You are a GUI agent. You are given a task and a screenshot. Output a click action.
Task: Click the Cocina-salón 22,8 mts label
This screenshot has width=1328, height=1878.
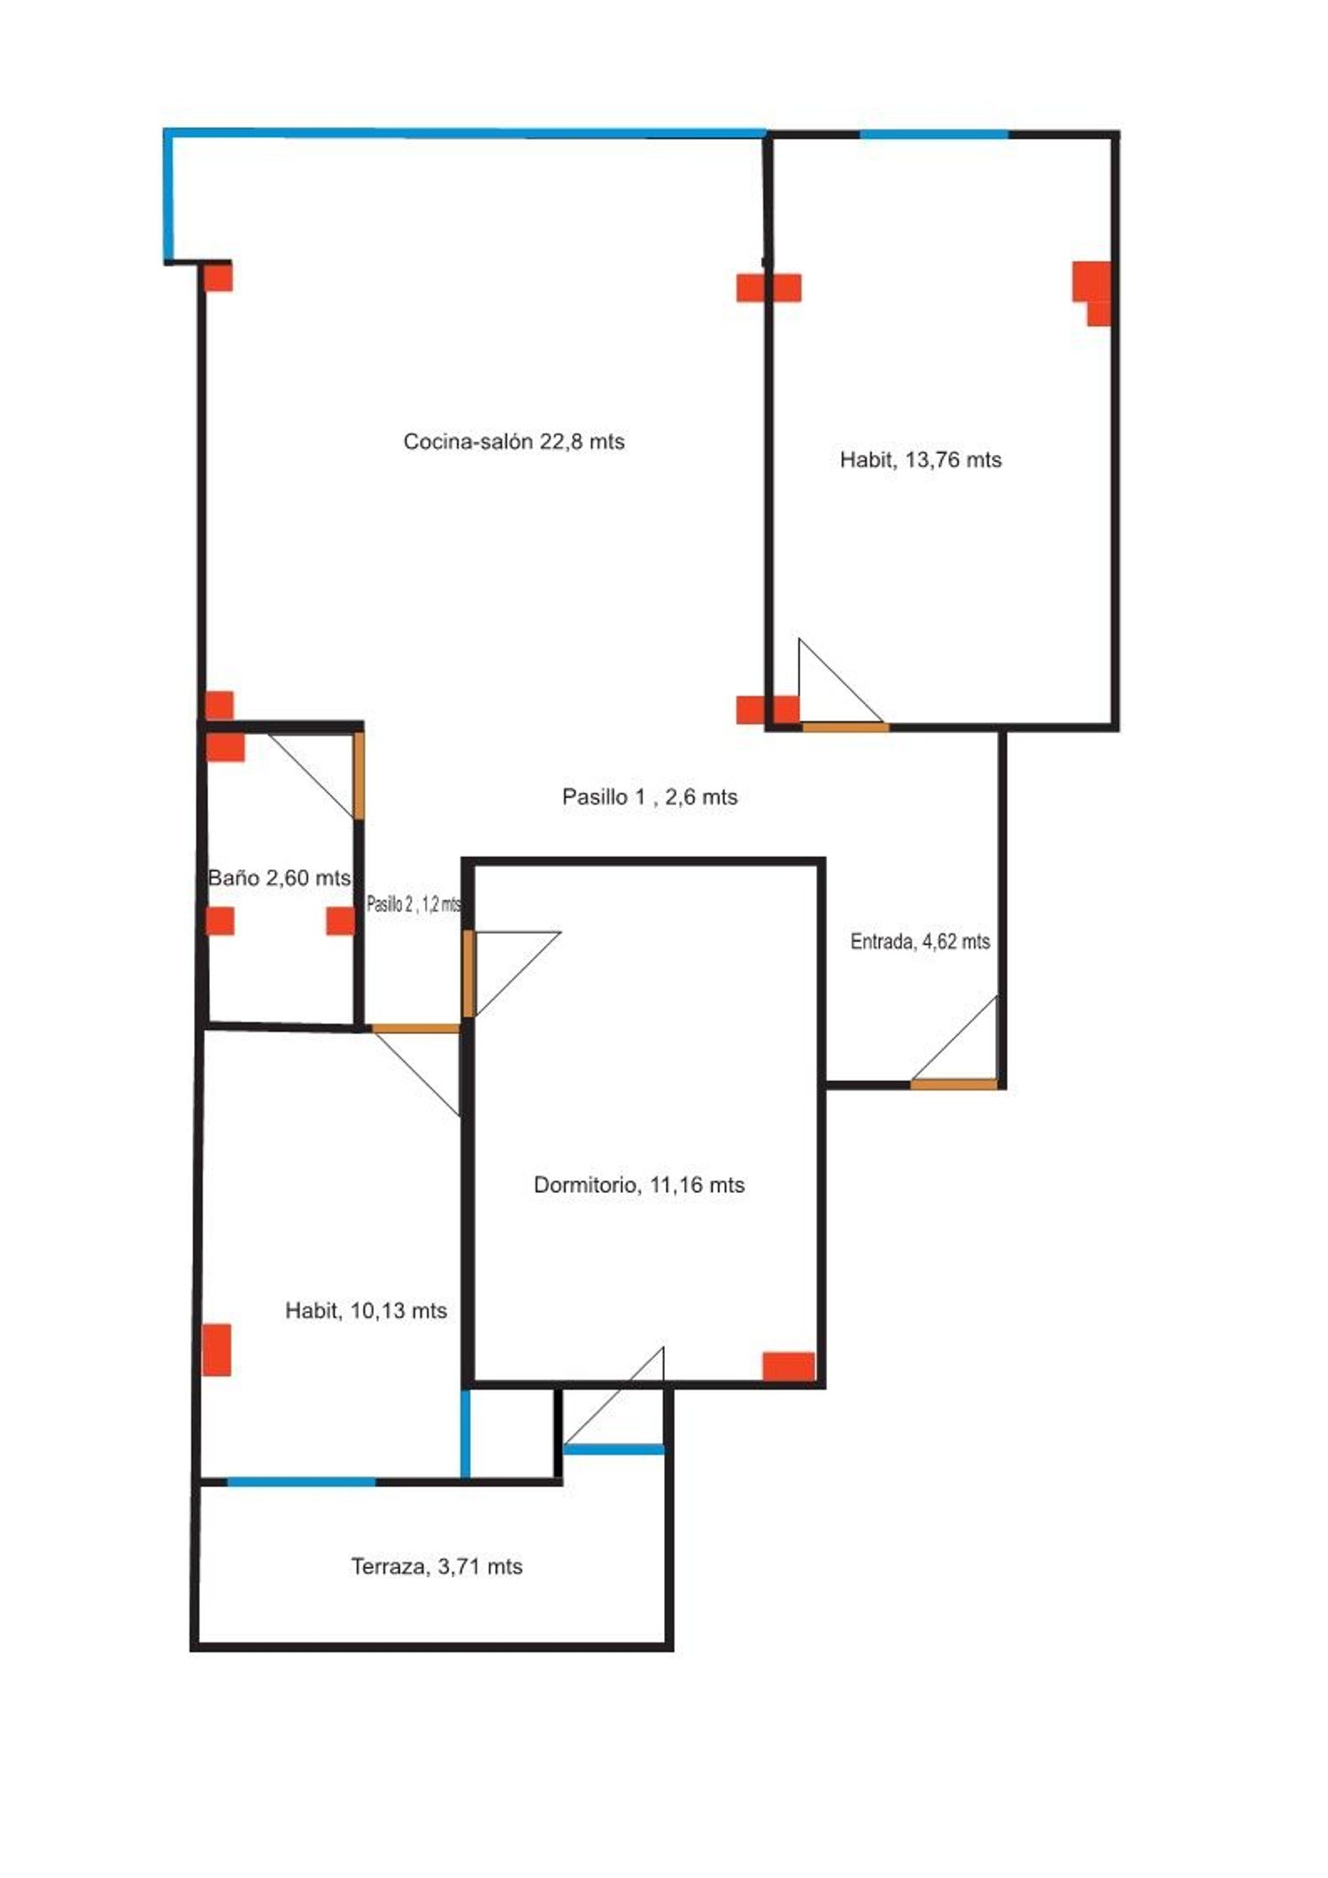513,442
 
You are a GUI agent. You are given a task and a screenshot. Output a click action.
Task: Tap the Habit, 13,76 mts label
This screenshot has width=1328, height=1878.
921,460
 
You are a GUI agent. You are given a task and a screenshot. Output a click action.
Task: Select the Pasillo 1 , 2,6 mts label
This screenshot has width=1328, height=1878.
650,797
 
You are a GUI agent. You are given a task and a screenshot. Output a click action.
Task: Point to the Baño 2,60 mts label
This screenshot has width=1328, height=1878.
280,878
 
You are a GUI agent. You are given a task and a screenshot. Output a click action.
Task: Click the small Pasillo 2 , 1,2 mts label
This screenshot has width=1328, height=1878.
414,904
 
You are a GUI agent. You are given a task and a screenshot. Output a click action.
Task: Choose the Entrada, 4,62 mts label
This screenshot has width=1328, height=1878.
920,942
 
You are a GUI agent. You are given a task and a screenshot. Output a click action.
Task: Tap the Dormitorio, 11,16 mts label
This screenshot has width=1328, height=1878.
639,1185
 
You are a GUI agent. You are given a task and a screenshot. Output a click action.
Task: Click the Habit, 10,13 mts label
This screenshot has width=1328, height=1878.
366,1311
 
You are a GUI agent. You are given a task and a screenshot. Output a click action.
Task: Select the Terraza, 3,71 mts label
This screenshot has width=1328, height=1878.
436,1566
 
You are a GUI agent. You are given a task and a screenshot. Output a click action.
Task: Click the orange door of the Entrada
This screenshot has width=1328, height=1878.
954,1084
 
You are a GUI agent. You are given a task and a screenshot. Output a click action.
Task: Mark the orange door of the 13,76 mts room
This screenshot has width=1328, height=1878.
845,727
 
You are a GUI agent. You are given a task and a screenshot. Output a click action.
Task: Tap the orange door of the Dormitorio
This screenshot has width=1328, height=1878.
469,974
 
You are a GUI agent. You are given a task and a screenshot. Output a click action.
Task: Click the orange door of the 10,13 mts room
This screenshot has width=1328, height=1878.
415,1028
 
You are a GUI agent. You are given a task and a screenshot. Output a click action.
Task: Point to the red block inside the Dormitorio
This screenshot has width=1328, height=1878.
789,1366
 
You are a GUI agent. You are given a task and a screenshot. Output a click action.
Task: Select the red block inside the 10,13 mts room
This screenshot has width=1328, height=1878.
217,1350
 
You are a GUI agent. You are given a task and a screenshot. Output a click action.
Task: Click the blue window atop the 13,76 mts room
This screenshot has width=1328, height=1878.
935,135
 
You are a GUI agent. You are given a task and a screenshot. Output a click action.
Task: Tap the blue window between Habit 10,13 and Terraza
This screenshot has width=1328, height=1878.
302,1482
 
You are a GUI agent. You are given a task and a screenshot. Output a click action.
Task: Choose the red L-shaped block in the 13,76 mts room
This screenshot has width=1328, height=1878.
1093,293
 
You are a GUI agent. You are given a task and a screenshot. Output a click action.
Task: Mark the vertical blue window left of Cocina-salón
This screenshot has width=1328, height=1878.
168,196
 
